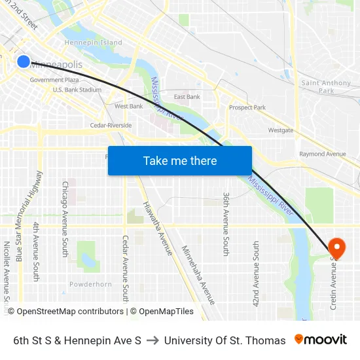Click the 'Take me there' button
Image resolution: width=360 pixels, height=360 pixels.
click(180, 161)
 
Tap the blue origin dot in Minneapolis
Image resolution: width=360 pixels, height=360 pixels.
click(23, 62)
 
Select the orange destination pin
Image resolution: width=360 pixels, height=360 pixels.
click(336, 248)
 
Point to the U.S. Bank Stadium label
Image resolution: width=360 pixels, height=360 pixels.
click(77, 90)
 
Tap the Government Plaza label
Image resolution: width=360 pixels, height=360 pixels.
click(59, 80)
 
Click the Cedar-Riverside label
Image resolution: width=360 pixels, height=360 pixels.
click(111, 125)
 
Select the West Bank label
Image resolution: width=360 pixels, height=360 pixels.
click(128, 106)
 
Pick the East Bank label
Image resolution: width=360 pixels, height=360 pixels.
click(187, 97)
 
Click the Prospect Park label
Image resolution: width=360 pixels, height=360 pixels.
click(247, 107)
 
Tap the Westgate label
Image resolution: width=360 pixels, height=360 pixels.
click(281, 130)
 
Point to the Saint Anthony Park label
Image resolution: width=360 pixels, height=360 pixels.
click(327, 87)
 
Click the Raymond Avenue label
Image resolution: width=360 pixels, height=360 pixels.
click(323, 154)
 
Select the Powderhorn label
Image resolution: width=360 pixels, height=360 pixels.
click(90, 284)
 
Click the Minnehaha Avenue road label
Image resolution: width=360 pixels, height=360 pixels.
click(198, 275)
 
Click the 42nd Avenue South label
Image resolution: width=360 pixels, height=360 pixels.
click(256, 273)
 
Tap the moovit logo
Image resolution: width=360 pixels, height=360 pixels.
click(320, 340)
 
